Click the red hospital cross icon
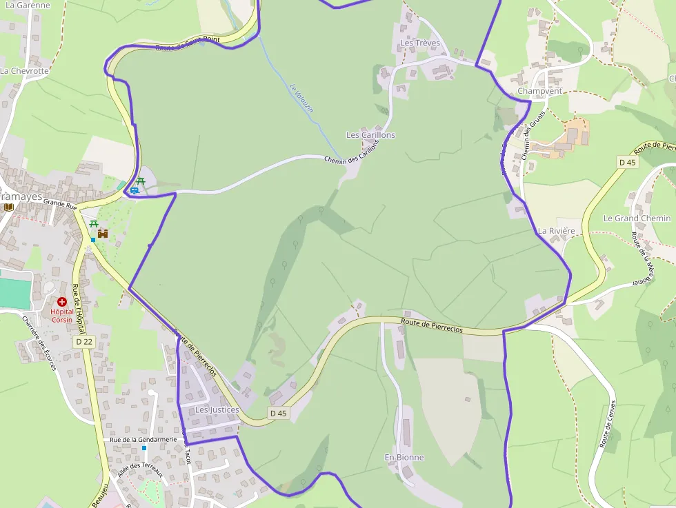point(62,302)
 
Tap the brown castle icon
point(103,234)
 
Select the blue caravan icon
point(134,190)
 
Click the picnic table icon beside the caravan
point(141,181)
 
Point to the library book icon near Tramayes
point(8,206)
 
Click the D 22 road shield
point(84,341)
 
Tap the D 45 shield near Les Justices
point(278,414)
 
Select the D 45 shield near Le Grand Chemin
point(627,162)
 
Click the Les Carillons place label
point(370,135)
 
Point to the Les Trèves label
point(419,43)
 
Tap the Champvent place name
point(539,91)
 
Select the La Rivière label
point(556,230)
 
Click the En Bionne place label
point(404,457)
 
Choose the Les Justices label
point(217,409)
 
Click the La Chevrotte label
point(25,71)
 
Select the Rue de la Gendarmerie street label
point(143,439)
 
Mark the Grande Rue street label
point(59,203)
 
